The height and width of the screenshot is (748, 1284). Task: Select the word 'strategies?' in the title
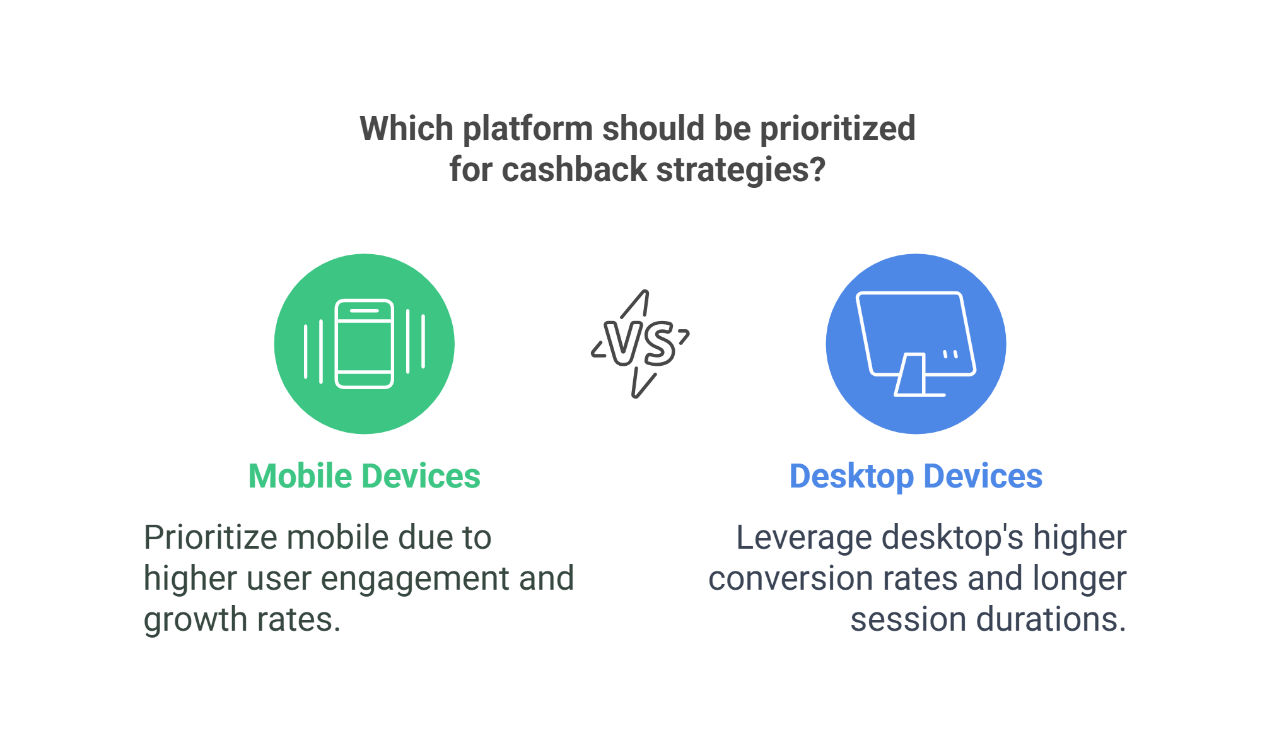[741, 171]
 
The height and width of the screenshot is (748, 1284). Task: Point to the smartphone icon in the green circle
[365, 344]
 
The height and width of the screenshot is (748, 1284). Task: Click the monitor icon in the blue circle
[916, 344]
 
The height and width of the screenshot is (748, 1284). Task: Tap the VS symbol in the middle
[640, 344]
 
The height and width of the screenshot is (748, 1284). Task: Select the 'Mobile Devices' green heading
[365, 476]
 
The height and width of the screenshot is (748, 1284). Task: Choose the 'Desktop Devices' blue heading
[916, 477]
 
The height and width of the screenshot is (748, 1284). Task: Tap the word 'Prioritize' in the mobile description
[211, 537]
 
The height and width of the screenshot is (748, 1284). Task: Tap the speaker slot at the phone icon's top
[365, 311]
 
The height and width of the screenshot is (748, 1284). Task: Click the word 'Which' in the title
[407, 129]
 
